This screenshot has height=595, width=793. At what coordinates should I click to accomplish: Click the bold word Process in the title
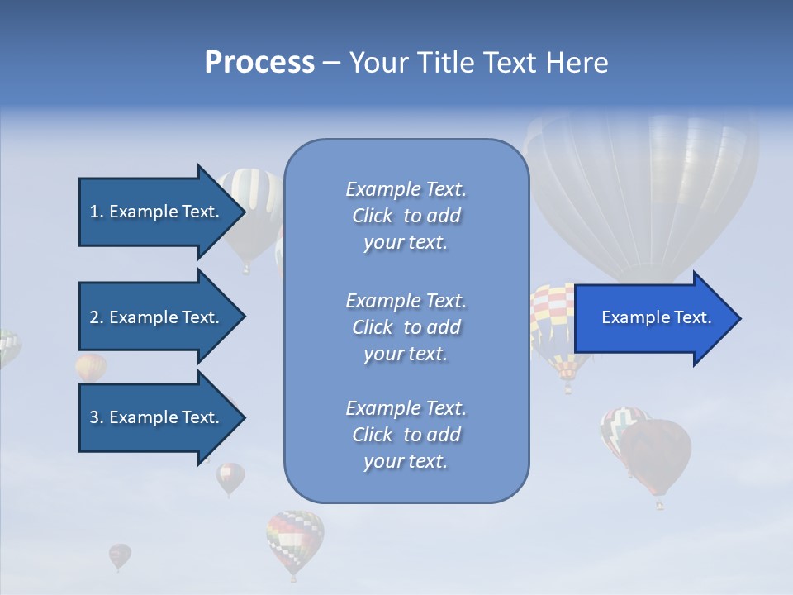coord(259,63)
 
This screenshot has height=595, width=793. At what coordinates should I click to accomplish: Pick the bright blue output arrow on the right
coord(657,318)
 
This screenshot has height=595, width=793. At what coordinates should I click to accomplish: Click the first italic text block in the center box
coord(406,216)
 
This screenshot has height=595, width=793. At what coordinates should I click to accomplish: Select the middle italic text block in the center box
coord(406,327)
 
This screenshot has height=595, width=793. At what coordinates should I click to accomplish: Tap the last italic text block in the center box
coord(406,435)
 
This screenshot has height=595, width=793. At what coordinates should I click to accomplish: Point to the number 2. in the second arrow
coord(97,317)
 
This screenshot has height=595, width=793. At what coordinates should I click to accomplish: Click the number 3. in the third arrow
coord(97,417)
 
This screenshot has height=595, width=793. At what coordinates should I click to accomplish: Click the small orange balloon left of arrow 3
coord(91,367)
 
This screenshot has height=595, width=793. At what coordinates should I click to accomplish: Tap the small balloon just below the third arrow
coord(230,477)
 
